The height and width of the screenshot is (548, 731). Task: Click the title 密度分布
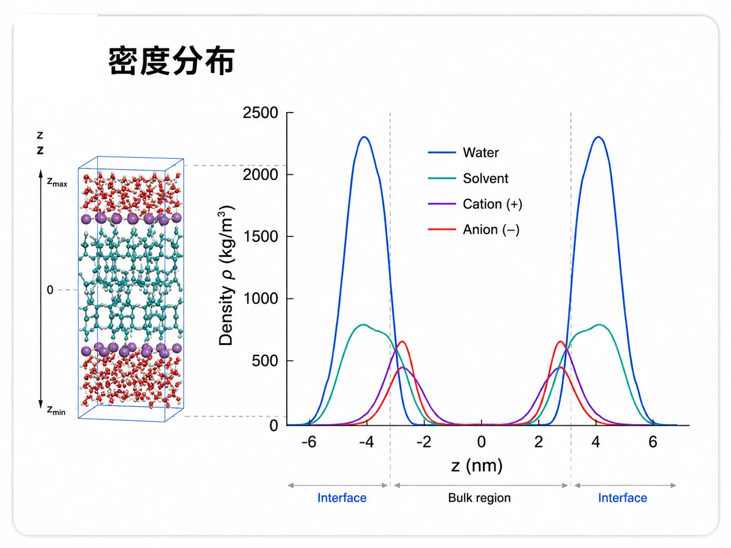point(172,61)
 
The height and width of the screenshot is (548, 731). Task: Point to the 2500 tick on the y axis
point(260,113)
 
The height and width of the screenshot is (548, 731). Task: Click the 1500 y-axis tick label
point(261,237)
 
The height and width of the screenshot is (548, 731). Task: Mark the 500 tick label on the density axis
point(265,361)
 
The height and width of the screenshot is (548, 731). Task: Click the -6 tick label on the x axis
point(309,442)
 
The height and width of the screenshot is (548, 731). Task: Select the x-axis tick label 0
point(481,442)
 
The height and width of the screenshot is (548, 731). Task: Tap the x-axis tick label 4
point(596,442)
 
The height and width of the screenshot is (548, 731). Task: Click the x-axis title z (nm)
point(477,466)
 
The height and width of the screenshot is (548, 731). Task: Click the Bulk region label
point(479,498)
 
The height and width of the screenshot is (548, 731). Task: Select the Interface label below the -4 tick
point(342,498)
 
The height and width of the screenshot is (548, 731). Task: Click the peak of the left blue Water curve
point(364,137)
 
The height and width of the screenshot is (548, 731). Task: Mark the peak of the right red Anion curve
point(561,342)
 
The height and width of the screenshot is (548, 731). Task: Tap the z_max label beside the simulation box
point(57,182)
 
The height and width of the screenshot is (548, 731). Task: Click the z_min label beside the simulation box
point(56,410)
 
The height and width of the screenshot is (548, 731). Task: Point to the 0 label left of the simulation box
point(50,290)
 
